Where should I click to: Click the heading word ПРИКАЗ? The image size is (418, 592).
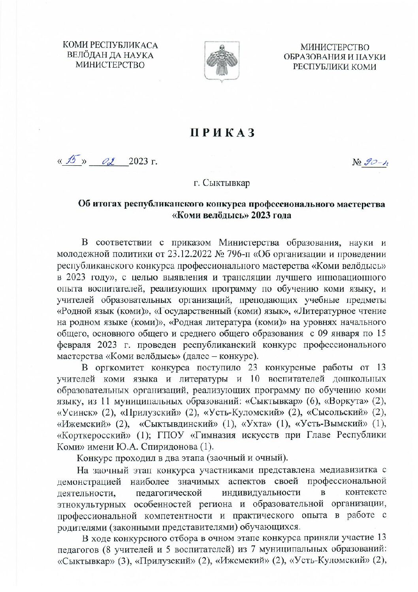pos(222,133)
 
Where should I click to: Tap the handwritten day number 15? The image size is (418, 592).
pos(72,161)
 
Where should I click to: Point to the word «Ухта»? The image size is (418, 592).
pos(255,424)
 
